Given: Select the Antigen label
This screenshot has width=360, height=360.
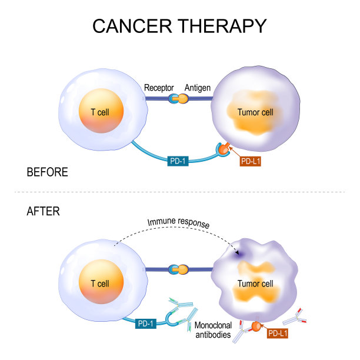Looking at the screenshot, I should (197, 88).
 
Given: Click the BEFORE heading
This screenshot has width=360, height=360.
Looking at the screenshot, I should (48, 172).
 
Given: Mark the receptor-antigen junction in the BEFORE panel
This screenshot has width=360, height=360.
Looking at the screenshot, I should (178, 99).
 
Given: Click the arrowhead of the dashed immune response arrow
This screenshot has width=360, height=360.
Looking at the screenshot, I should (237, 254).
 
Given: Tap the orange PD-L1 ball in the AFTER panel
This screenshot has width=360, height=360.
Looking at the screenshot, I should (256, 325).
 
